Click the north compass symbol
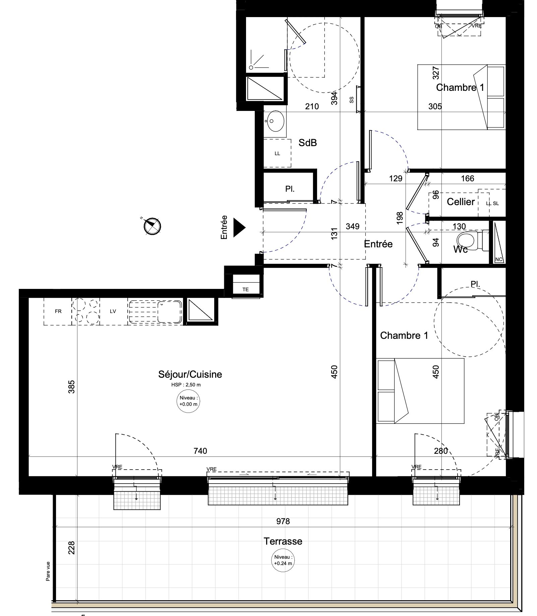pyautogui.click(x=152, y=226)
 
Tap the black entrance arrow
pyautogui.click(x=239, y=228)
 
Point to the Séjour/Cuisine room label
pyautogui.click(x=190, y=374)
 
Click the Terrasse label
pyautogui.click(x=283, y=541)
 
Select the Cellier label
pyautogui.click(x=461, y=202)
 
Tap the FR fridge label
pyautogui.click(x=58, y=311)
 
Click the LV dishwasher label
pyautogui.click(x=113, y=311)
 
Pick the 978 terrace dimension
pyautogui.click(x=283, y=521)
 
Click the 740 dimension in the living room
pyautogui.click(x=200, y=451)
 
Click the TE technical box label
pyautogui.click(x=246, y=290)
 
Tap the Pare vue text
pyautogui.click(x=48, y=571)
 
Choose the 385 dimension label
pyautogui.click(x=71, y=386)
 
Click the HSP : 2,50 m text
pyautogui.click(x=186, y=385)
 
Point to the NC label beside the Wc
pyautogui.click(x=499, y=259)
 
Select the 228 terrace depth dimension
pyautogui.click(x=71, y=548)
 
